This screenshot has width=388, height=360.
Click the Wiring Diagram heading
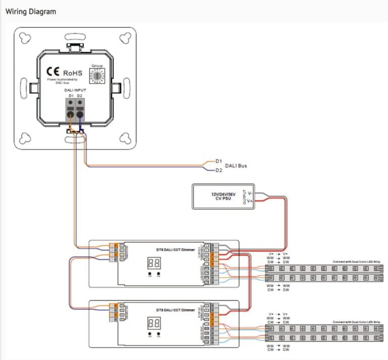pyautogui.click(x=31, y=11)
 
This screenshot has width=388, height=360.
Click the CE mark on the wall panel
pyautogui.click(x=53, y=72)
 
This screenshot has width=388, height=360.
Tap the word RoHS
pyautogui.click(x=73, y=72)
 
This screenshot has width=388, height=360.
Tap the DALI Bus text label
pyautogui.click(x=235, y=166)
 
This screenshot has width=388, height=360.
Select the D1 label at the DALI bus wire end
pyautogui.click(x=218, y=161)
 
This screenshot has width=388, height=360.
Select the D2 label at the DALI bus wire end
pyautogui.click(x=218, y=171)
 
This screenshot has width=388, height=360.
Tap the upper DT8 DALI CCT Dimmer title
pyautogui.click(x=175, y=249)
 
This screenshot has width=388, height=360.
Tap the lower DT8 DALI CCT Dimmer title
pyautogui.click(x=175, y=309)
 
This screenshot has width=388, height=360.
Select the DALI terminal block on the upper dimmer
pyautogui.click(x=116, y=252)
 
